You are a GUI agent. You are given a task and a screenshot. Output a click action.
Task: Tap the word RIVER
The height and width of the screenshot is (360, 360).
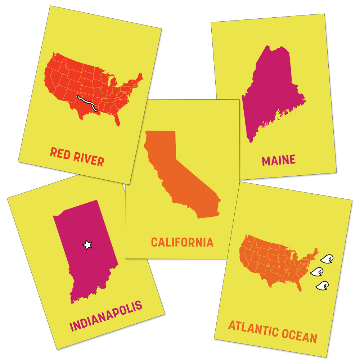tap(89, 159)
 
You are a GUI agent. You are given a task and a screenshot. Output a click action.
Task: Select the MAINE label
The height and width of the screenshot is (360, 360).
tap(279, 160)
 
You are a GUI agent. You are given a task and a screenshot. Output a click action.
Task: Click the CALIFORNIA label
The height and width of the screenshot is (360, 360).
tap(182, 242)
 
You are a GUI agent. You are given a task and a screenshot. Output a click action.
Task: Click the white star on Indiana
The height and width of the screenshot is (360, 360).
tap(87, 245)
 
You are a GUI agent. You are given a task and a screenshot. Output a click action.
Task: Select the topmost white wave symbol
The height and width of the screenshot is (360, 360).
tap(327, 258)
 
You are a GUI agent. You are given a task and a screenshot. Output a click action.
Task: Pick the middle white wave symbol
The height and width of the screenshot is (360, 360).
tap(317, 272)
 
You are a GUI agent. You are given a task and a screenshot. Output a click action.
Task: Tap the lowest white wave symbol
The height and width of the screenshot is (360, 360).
tap(322, 285)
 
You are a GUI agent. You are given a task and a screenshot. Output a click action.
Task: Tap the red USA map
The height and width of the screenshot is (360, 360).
tap(83, 79)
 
